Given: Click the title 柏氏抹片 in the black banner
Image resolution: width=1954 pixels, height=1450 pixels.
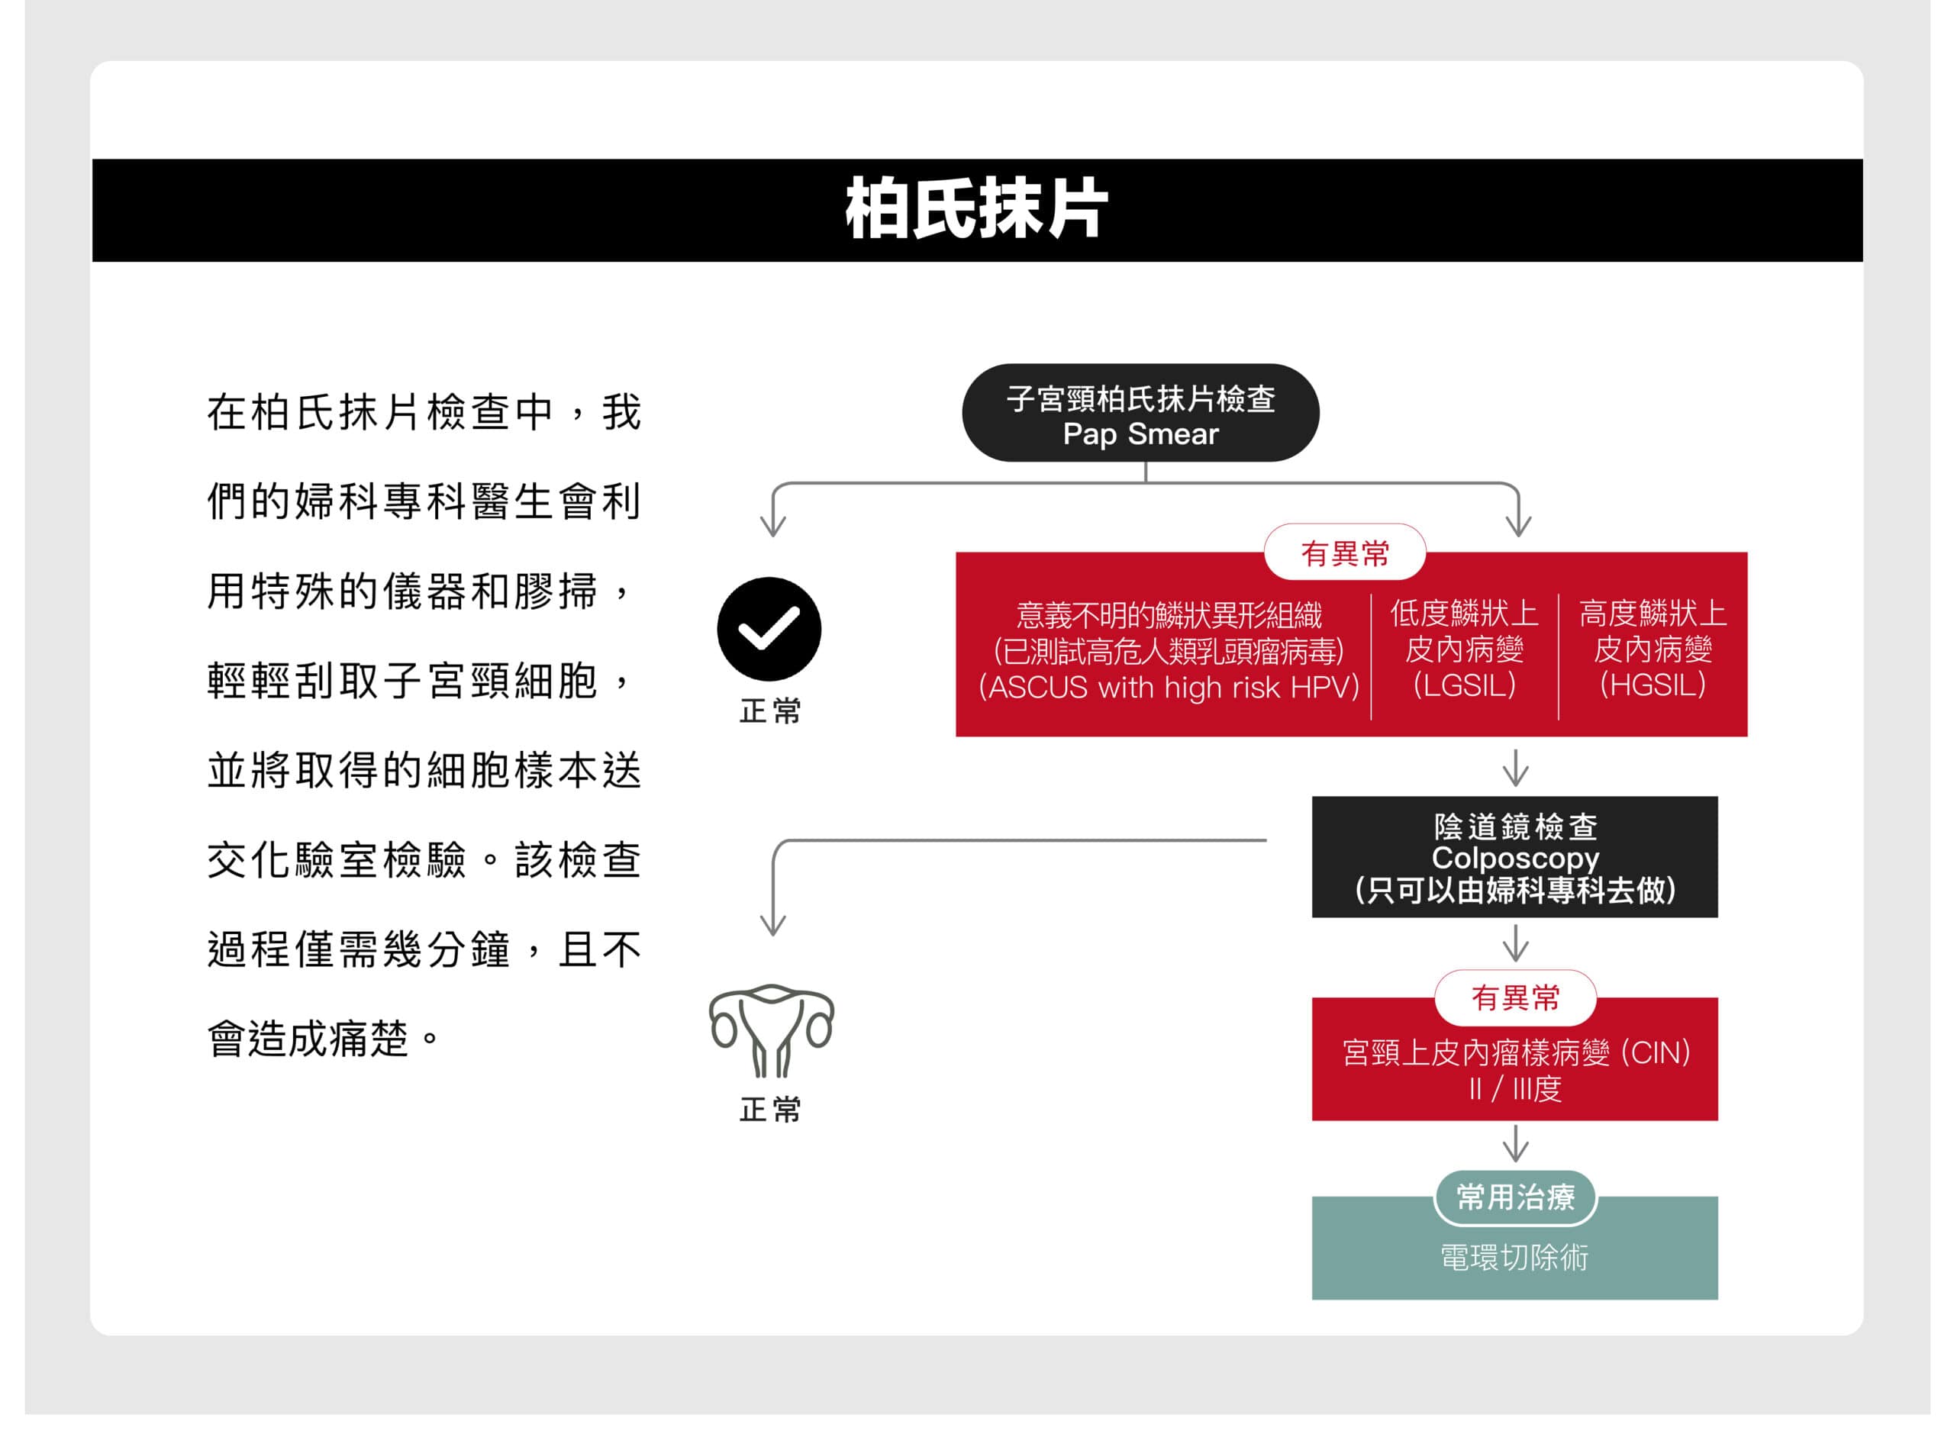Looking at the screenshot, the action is point(976,209).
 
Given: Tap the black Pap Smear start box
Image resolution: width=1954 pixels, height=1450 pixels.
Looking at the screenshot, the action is point(1140,413).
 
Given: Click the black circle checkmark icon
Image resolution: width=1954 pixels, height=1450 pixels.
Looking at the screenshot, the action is point(769,630).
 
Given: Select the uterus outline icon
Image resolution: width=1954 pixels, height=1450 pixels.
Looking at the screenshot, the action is point(772,1030).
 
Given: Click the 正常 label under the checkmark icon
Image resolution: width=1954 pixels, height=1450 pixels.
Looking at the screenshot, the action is point(771,711).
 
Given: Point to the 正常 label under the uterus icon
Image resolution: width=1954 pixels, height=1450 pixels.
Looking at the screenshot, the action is point(771,1110).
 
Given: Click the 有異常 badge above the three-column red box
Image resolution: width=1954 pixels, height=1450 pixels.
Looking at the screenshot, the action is point(1345,553).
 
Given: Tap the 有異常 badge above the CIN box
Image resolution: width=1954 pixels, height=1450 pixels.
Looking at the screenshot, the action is point(1515,998).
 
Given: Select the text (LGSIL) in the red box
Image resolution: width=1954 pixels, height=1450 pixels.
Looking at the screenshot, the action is point(1464,685).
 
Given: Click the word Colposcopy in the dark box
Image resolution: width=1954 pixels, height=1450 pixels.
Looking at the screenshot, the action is point(1515,858).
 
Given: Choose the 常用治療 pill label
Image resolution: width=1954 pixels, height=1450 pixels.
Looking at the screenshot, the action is point(1515,1197).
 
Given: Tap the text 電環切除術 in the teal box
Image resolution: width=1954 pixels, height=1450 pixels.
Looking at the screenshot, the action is point(1514,1258).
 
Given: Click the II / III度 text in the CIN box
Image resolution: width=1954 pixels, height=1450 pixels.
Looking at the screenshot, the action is point(1515,1089).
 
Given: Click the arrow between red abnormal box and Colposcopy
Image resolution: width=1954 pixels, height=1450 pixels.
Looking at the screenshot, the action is point(1516,768).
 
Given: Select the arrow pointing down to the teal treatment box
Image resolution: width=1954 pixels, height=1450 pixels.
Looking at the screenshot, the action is point(1516,1144).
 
